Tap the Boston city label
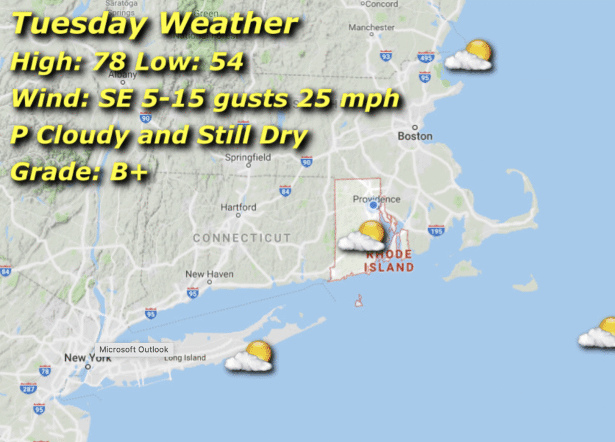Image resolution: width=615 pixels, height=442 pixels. pos(415,136)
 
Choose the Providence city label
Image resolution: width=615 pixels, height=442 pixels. pos(376,199)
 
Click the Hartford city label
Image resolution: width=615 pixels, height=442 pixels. pos(238,207)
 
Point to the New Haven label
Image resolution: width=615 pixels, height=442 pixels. pos(210,274)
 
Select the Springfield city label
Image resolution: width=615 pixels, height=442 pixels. pos(247,158)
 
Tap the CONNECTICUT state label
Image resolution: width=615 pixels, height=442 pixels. pos(241,238)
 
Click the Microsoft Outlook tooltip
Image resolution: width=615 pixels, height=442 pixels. pos(134,350)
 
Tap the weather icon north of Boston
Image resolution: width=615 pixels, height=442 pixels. pos(469,55)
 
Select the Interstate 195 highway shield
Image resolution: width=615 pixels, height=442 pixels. pos(436,230)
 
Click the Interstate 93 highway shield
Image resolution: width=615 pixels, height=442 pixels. pos(386,56)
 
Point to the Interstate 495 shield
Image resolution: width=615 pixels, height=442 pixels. pos(426,57)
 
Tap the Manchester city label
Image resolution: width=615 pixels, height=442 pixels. pos(372,28)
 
